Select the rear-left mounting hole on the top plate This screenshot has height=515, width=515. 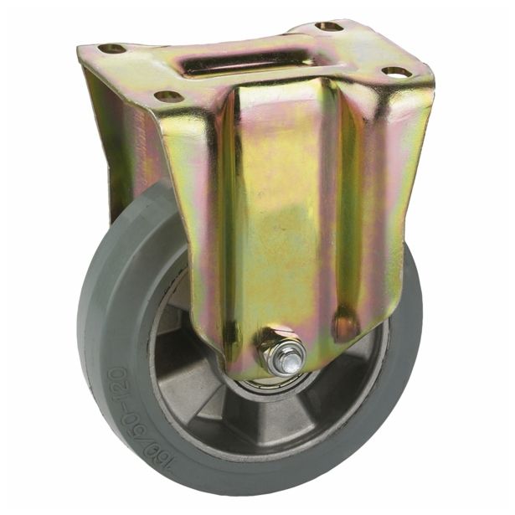point(111,49)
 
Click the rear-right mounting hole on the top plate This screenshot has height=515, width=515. point(328,27)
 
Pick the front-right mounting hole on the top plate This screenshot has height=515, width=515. point(396,72)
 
